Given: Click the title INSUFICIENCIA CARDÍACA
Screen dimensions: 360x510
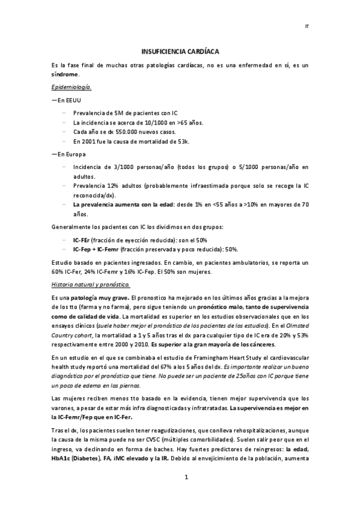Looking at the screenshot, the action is coord(180,52).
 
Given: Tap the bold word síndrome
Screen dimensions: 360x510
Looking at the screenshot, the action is coord(64,75).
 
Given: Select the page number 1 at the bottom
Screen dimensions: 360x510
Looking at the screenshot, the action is coord(186,494).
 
